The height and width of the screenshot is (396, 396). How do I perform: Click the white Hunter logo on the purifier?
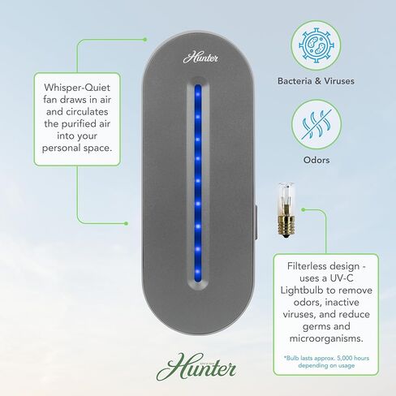coord(200,58)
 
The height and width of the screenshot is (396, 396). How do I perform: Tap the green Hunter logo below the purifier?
coord(196,367)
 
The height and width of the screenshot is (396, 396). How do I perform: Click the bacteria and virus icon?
coord(316,45)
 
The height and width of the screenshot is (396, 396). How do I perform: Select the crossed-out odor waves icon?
coord(316,124)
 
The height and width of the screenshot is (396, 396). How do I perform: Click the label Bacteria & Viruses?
coord(316,81)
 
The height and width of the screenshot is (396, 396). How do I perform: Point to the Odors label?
coord(316,160)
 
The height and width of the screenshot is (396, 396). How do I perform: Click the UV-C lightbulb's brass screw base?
coord(286,226)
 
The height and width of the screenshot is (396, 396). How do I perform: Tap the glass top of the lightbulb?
coord(286,199)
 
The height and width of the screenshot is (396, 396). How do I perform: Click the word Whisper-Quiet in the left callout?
coord(77,88)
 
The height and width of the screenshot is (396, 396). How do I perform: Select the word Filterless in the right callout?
coord(306,266)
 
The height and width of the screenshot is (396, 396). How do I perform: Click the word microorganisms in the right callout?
coord(326,338)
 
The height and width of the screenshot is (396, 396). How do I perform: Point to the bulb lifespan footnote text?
coord(326,362)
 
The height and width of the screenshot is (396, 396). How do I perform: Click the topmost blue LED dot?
coord(198,94)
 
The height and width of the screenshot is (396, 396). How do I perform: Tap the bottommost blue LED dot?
coord(198,271)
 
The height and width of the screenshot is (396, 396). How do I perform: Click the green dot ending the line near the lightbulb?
coord(303,209)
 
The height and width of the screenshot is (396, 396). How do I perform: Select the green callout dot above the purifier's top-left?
coord(145,40)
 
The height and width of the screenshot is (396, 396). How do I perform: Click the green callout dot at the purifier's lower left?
coord(126,223)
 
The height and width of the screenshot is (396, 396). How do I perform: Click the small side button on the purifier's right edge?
coord(256,222)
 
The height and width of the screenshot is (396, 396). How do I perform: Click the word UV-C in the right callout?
coord(342,278)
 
